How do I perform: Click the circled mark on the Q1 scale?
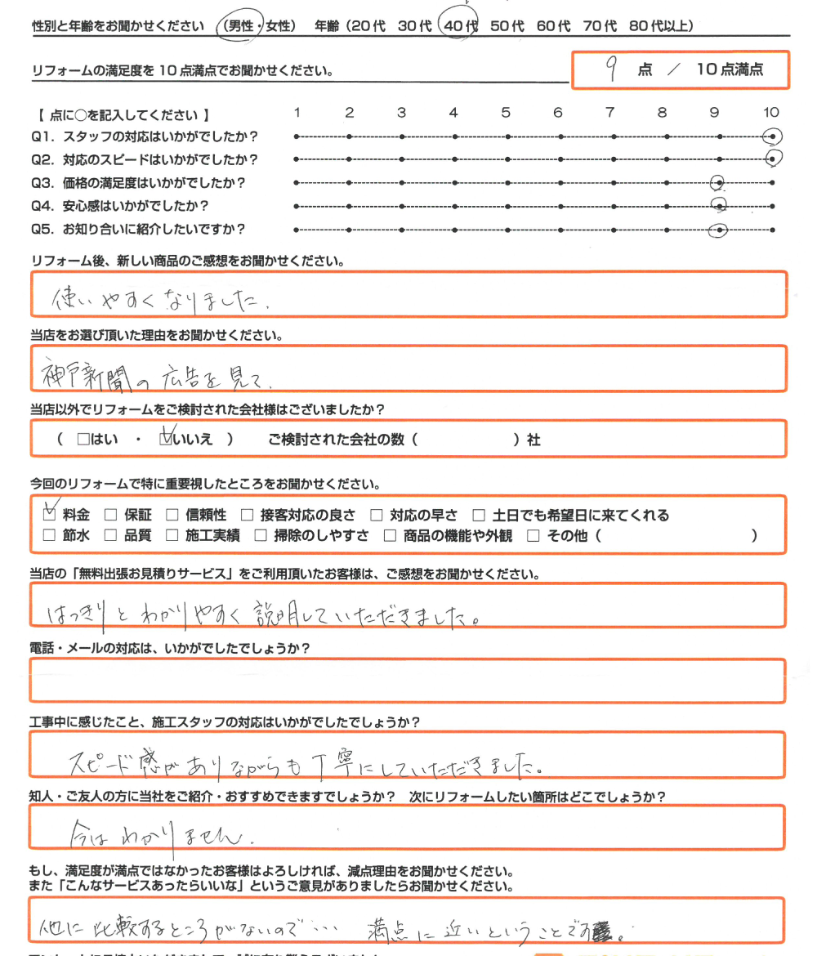[x=771, y=136]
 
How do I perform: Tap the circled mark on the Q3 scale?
[x=719, y=183]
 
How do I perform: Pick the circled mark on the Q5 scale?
[x=719, y=230]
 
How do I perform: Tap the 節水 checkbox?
[x=49, y=536]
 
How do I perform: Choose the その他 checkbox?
[x=534, y=536]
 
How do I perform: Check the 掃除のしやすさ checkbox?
[x=260, y=536]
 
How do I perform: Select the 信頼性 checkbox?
[x=172, y=515]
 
